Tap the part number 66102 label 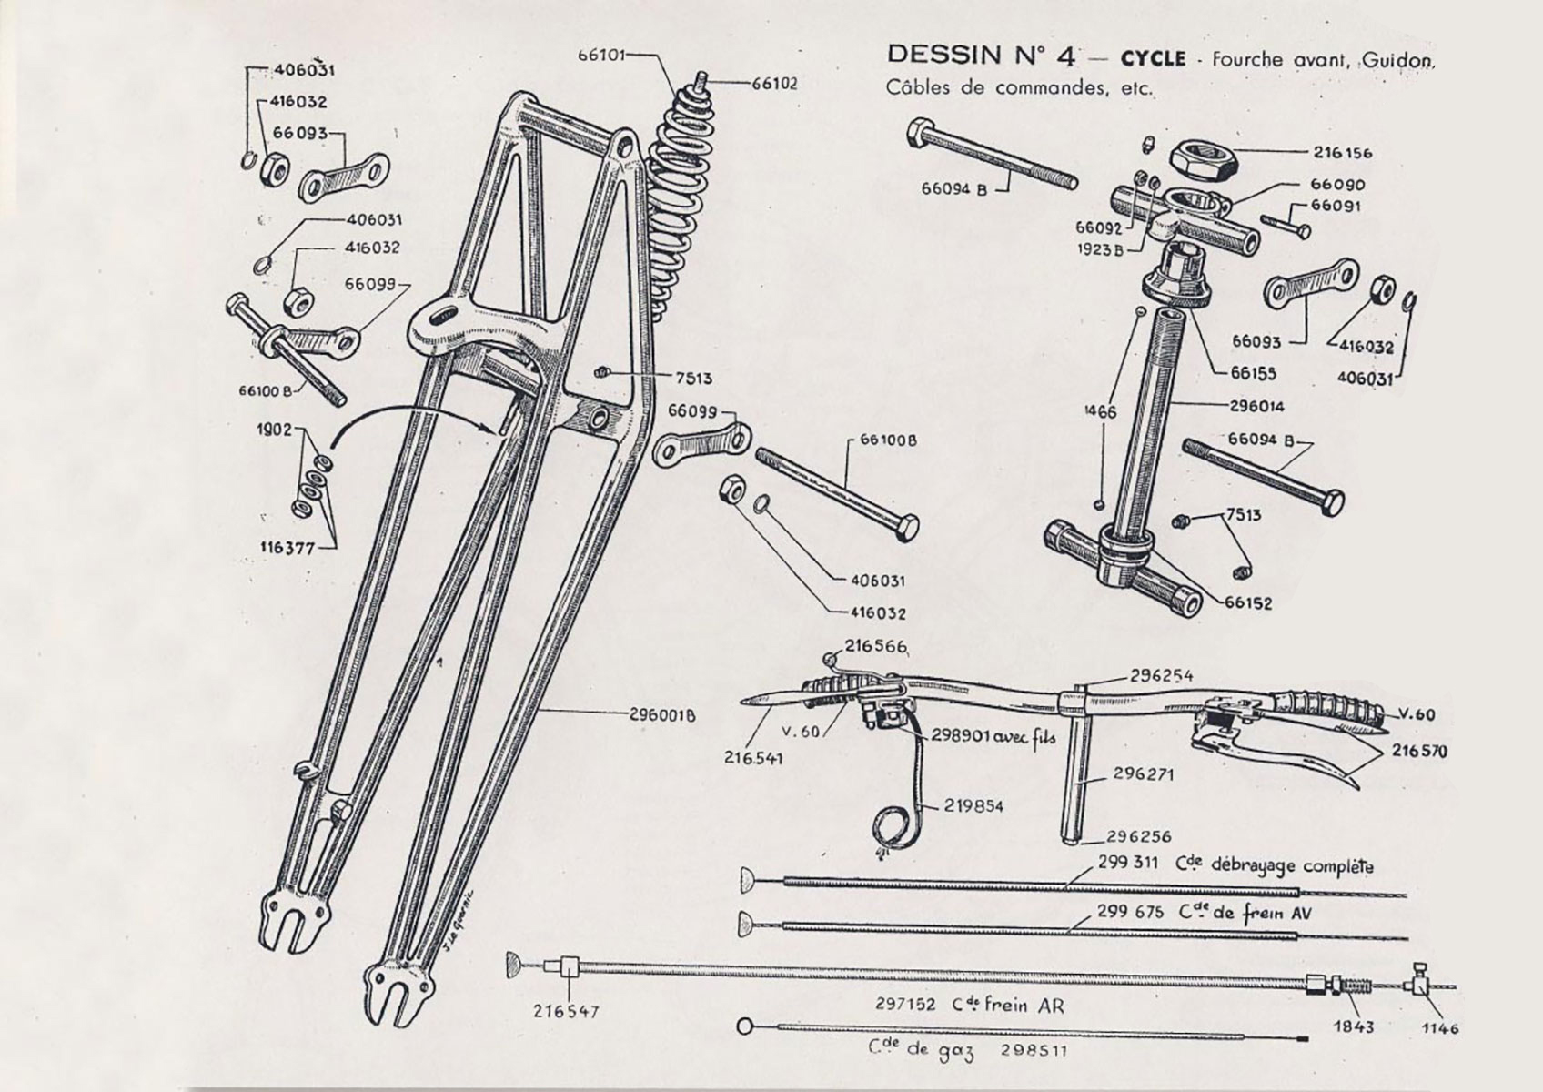click(x=774, y=84)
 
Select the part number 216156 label click(x=1342, y=153)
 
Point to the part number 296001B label click(x=662, y=715)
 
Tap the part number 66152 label click(x=1248, y=603)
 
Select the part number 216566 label click(x=875, y=646)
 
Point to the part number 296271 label click(x=1144, y=775)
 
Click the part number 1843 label click(x=1354, y=1026)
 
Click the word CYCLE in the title click(x=1153, y=58)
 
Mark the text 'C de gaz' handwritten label click(x=920, y=1051)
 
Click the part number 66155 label click(x=1255, y=373)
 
